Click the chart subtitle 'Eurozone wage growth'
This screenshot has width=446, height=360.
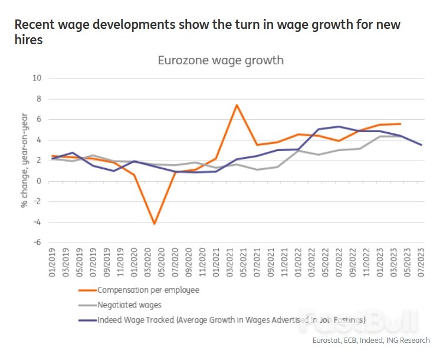[x=220, y=60]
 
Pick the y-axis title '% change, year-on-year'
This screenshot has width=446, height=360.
[x=24, y=161]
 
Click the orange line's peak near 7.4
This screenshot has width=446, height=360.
[x=236, y=105]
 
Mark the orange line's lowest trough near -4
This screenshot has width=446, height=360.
[x=154, y=224]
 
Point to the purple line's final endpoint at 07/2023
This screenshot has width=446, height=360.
[x=421, y=145]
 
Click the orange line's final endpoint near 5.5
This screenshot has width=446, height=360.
[x=401, y=124]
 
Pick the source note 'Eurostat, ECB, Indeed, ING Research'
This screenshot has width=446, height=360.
[x=370, y=341]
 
